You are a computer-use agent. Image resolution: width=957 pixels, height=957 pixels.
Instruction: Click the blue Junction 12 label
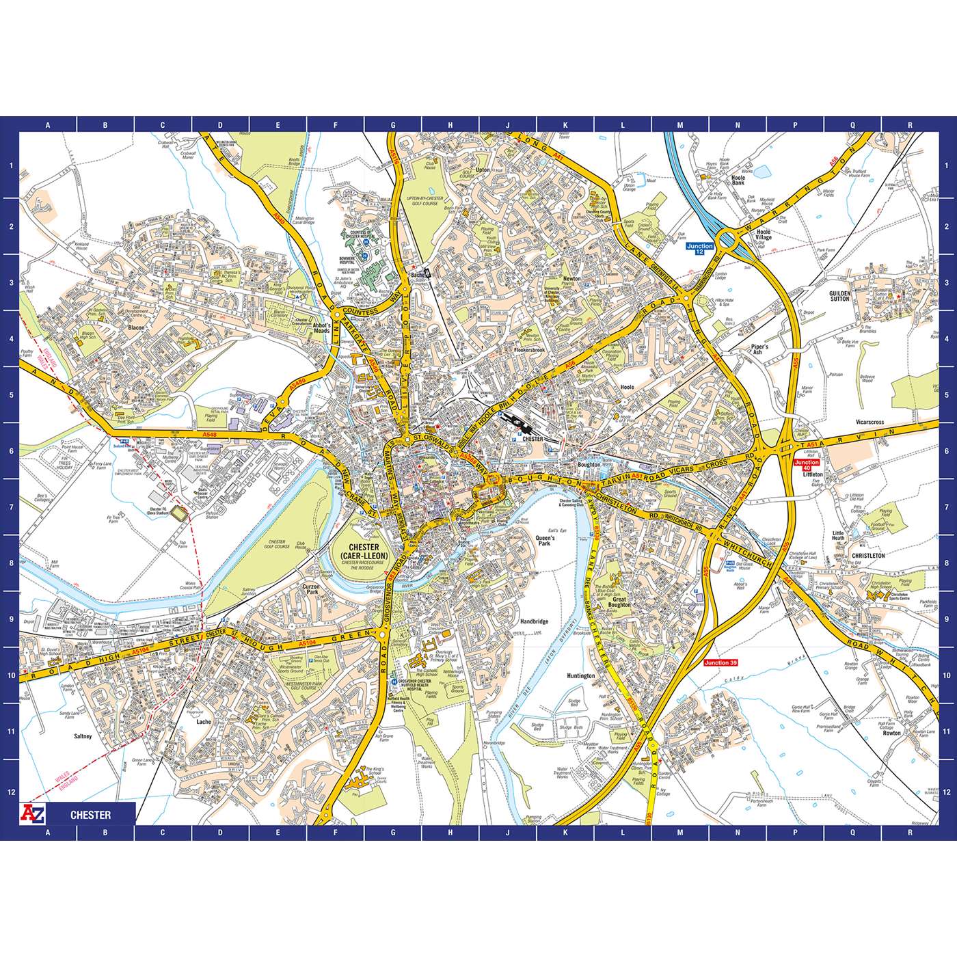(699, 249)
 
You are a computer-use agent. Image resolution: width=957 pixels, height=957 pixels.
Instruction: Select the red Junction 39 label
(721, 662)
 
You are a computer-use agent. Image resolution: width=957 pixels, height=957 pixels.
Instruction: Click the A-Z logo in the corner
(34, 814)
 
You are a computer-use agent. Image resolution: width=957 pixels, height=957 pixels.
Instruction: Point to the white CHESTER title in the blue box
(90, 815)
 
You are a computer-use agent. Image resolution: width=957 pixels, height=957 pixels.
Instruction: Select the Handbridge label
(534, 621)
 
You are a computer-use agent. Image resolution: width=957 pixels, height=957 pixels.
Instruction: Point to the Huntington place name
(581, 675)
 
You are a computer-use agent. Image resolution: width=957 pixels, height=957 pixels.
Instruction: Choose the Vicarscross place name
(870, 422)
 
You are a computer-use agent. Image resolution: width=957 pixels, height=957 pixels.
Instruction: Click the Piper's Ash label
(759, 349)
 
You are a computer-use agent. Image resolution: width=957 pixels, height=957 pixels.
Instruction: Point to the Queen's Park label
(545, 540)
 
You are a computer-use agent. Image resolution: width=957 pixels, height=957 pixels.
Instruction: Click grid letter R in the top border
(910, 125)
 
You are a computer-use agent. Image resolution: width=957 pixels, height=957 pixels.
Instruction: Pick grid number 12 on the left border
(10, 792)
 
